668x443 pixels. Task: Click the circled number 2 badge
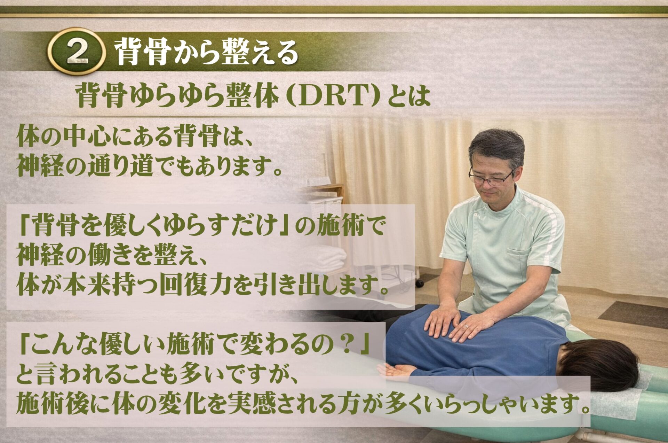coord(77,52)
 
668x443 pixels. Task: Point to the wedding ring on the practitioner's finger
coord(466,326)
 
